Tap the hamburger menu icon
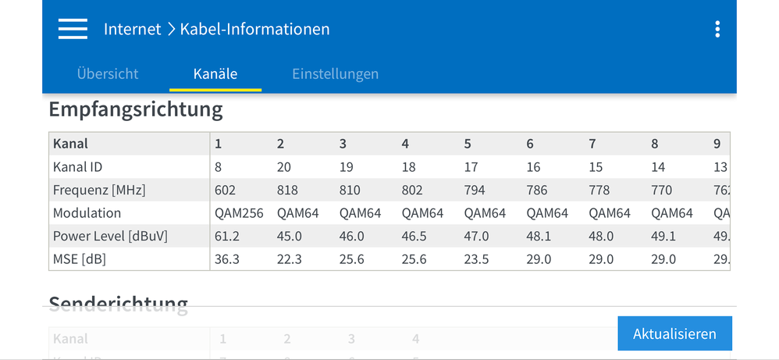[x=73, y=29]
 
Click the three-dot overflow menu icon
[x=717, y=30]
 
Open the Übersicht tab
[x=108, y=74]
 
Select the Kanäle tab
[x=215, y=74]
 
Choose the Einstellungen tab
[x=336, y=74]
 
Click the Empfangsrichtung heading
[x=136, y=109]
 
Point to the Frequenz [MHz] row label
[x=99, y=190]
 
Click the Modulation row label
[x=87, y=213]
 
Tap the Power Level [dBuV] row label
[x=110, y=236]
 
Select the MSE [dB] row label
[x=80, y=259]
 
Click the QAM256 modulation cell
[x=239, y=213]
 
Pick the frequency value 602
[x=225, y=190]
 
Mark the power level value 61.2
[x=226, y=236]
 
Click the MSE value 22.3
[x=289, y=259]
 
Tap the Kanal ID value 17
[x=471, y=167]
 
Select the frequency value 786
[x=537, y=190]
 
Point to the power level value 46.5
[x=414, y=236]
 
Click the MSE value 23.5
[x=476, y=259]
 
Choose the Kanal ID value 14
[x=659, y=167]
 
